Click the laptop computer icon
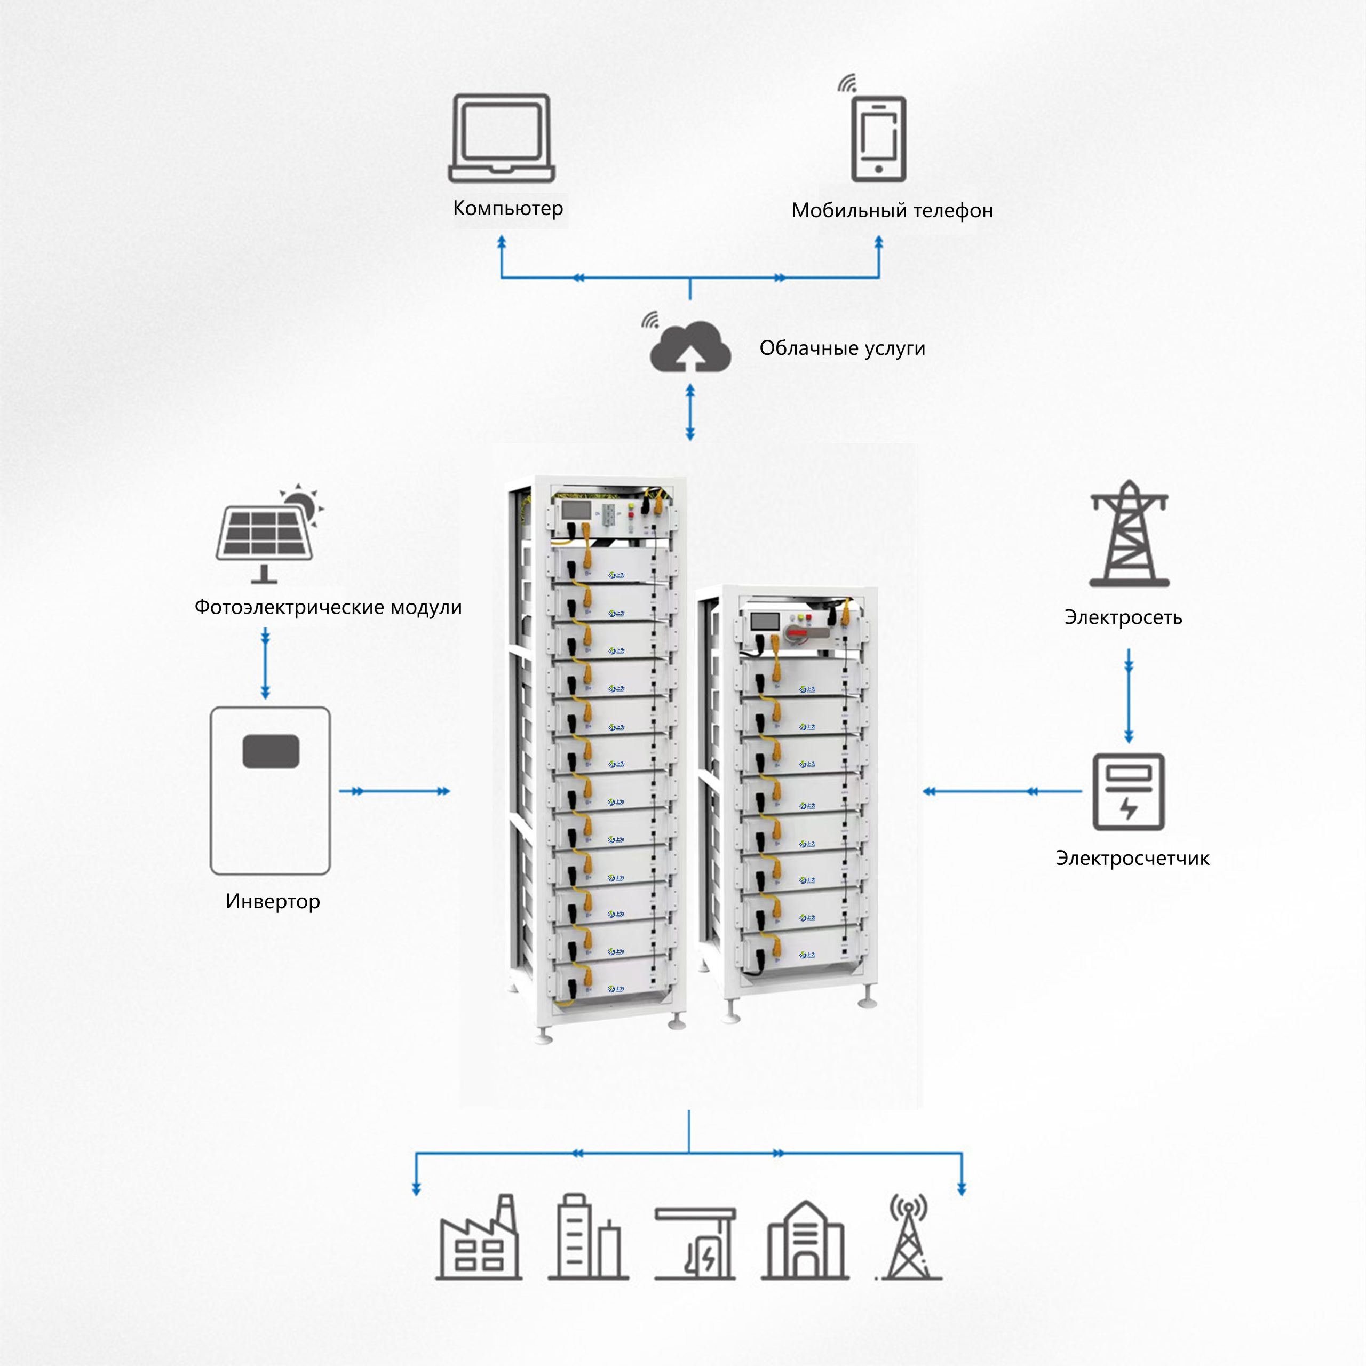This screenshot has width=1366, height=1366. pos(501,139)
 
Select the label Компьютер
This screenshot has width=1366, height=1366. pos(507,208)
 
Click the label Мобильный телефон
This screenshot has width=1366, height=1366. pos(892,210)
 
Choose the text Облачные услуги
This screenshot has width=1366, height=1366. pos(842,348)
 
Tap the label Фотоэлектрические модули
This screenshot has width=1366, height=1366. pos(328,607)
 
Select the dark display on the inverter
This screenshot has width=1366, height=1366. pos(271,751)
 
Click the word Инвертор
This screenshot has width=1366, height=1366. pos(272,901)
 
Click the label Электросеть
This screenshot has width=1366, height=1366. pos(1123,617)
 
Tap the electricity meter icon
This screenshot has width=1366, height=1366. pos(1129,791)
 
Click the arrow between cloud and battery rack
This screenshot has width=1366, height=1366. pos(690,412)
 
